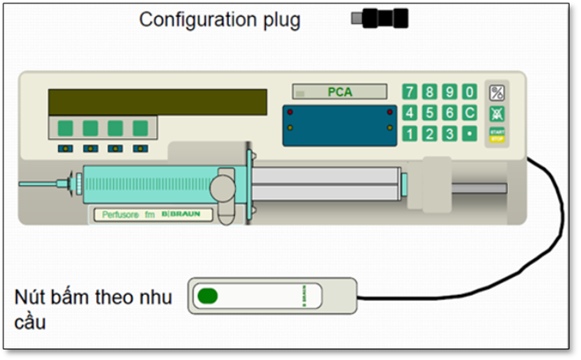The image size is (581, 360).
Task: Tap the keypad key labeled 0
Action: coord(470,92)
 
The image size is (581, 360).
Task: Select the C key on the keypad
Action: coord(470,113)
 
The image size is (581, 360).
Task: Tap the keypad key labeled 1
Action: coord(409,134)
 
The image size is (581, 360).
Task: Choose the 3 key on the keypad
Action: coord(450,134)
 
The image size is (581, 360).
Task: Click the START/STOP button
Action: coord(497,135)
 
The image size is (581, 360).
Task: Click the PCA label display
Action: coord(340,91)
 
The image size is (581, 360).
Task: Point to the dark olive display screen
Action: coord(158,101)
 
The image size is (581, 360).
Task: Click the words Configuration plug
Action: coord(220,19)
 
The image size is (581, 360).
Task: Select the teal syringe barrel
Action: coord(145,183)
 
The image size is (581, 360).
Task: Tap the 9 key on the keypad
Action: coord(450,92)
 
